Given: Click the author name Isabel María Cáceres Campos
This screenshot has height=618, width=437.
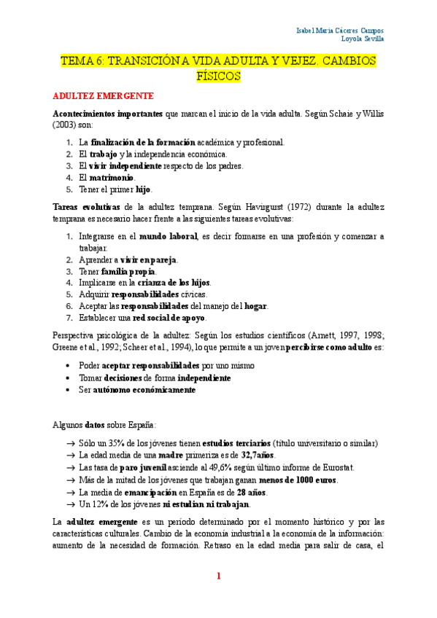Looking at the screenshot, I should coord(340,31).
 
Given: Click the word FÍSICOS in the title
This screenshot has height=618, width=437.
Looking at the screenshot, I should coord(218,76).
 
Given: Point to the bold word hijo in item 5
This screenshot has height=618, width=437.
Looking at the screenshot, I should coord(144,189).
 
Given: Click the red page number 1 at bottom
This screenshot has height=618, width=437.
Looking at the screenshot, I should coord(218,576).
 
